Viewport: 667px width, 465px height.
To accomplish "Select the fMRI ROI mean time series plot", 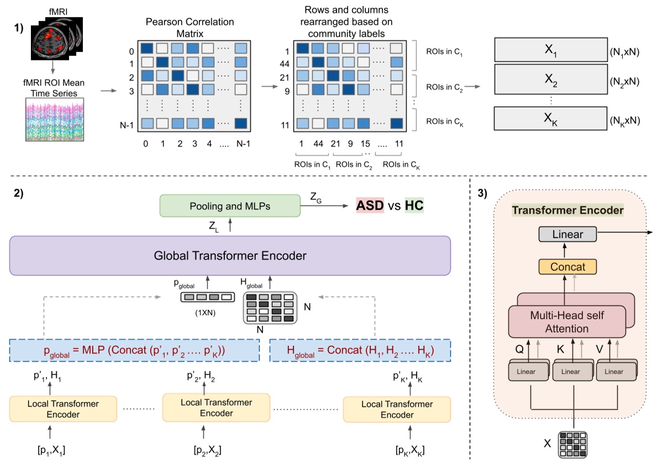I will [54, 119].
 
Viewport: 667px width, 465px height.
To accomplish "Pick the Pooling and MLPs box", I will [230, 205].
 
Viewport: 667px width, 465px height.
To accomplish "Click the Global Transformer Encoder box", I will [230, 256].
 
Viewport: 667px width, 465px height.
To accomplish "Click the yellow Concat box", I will [569, 267].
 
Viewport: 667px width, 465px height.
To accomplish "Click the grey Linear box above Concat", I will [568, 234].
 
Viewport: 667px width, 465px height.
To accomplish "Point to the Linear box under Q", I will [526, 372].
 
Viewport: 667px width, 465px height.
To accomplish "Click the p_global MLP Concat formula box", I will [135, 350].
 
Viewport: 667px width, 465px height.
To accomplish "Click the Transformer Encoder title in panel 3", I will [568, 210].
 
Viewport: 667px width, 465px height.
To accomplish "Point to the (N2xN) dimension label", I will [624, 81].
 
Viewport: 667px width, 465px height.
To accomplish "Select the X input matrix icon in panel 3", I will [574, 443].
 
